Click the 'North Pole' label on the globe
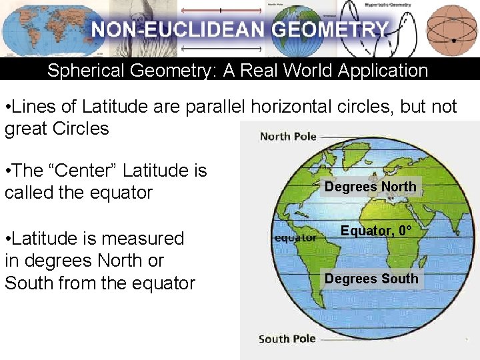288,137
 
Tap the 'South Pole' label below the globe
287,339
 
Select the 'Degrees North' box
370,187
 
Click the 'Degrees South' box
371,279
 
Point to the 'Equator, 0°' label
376,231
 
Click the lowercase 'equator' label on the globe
295,237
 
